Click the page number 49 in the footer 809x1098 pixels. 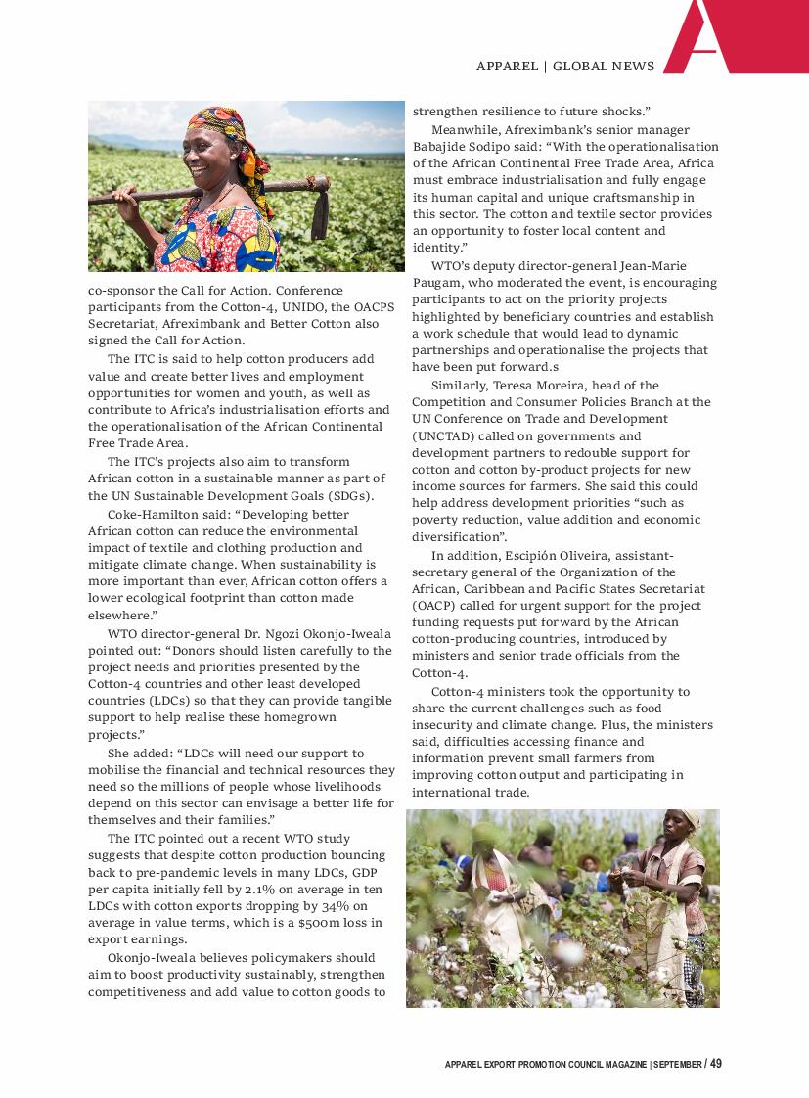[716, 1064]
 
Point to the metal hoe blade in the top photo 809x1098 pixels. [320, 214]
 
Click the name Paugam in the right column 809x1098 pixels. [436, 283]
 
